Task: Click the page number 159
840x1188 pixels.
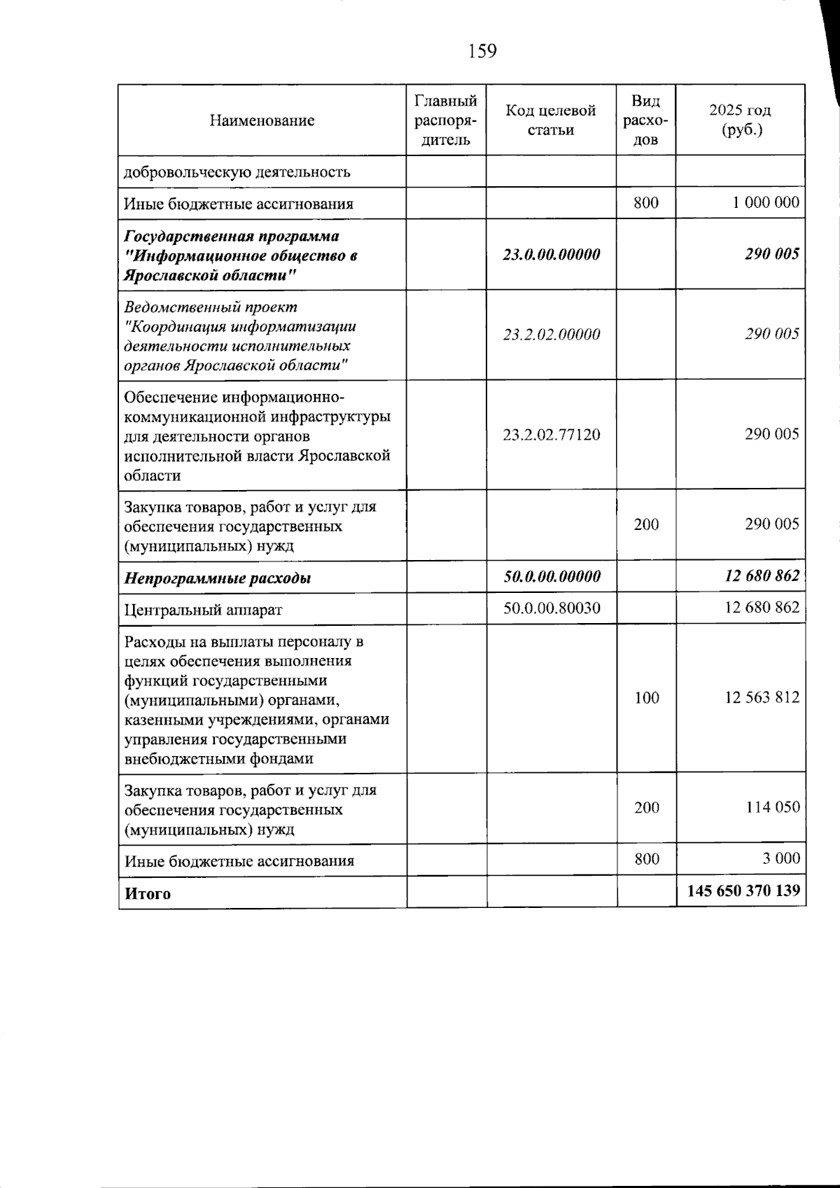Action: pos(482,51)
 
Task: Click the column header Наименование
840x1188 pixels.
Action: pos(262,120)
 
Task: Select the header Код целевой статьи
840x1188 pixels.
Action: pos(551,120)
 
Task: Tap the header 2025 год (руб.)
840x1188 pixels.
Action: pos(740,120)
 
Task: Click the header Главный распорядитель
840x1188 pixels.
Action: pos(446,120)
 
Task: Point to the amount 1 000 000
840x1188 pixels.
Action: pos(766,204)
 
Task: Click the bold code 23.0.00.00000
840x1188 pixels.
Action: pos(551,254)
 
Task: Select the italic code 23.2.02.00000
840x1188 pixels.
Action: pos(551,335)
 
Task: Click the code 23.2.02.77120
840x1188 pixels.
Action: pos(551,435)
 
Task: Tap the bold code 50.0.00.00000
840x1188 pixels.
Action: pos(552,577)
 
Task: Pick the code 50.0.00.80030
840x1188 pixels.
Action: pos(552,608)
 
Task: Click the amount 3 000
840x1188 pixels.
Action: pos(781,859)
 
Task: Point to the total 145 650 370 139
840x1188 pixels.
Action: pos(743,892)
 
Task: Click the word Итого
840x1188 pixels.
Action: pos(148,894)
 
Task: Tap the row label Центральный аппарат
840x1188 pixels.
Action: pos(203,610)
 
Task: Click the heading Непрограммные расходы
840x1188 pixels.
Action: pos(218,578)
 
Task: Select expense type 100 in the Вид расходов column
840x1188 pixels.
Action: pos(646,698)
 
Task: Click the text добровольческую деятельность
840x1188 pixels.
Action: pos(237,172)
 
